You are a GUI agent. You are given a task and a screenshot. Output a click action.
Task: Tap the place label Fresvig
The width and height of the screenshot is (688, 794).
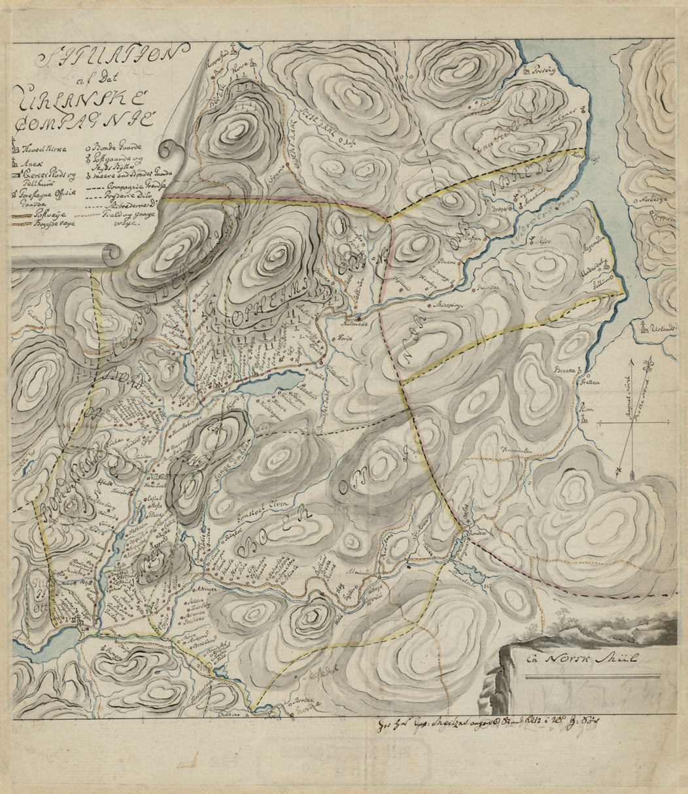(545, 69)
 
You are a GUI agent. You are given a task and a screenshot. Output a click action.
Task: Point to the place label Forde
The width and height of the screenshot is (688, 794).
(345, 339)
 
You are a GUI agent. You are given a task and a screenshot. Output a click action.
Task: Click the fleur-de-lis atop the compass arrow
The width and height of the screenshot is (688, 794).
(651, 362)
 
